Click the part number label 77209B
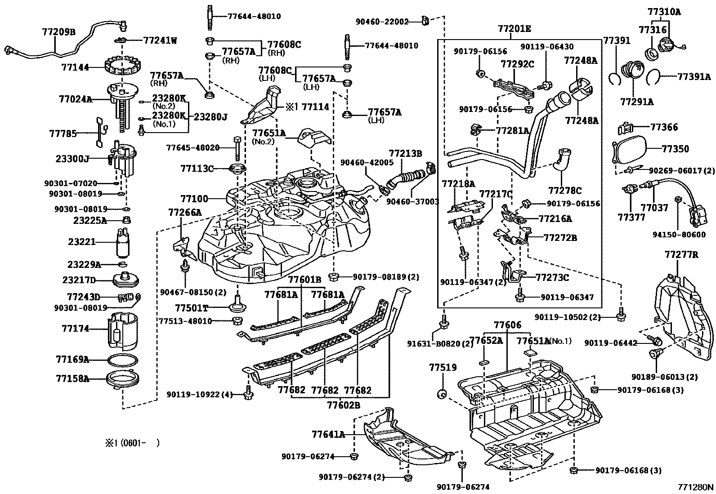tap(58, 32)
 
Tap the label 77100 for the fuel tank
tap(194, 198)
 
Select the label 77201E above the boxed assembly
tap(515, 29)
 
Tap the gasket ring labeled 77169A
tap(122, 360)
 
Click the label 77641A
tap(328, 434)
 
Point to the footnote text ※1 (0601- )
tap(132, 443)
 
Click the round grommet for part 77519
tap(442, 394)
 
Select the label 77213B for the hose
tap(406, 154)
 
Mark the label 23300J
tap(72, 159)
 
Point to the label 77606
tap(507, 325)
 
